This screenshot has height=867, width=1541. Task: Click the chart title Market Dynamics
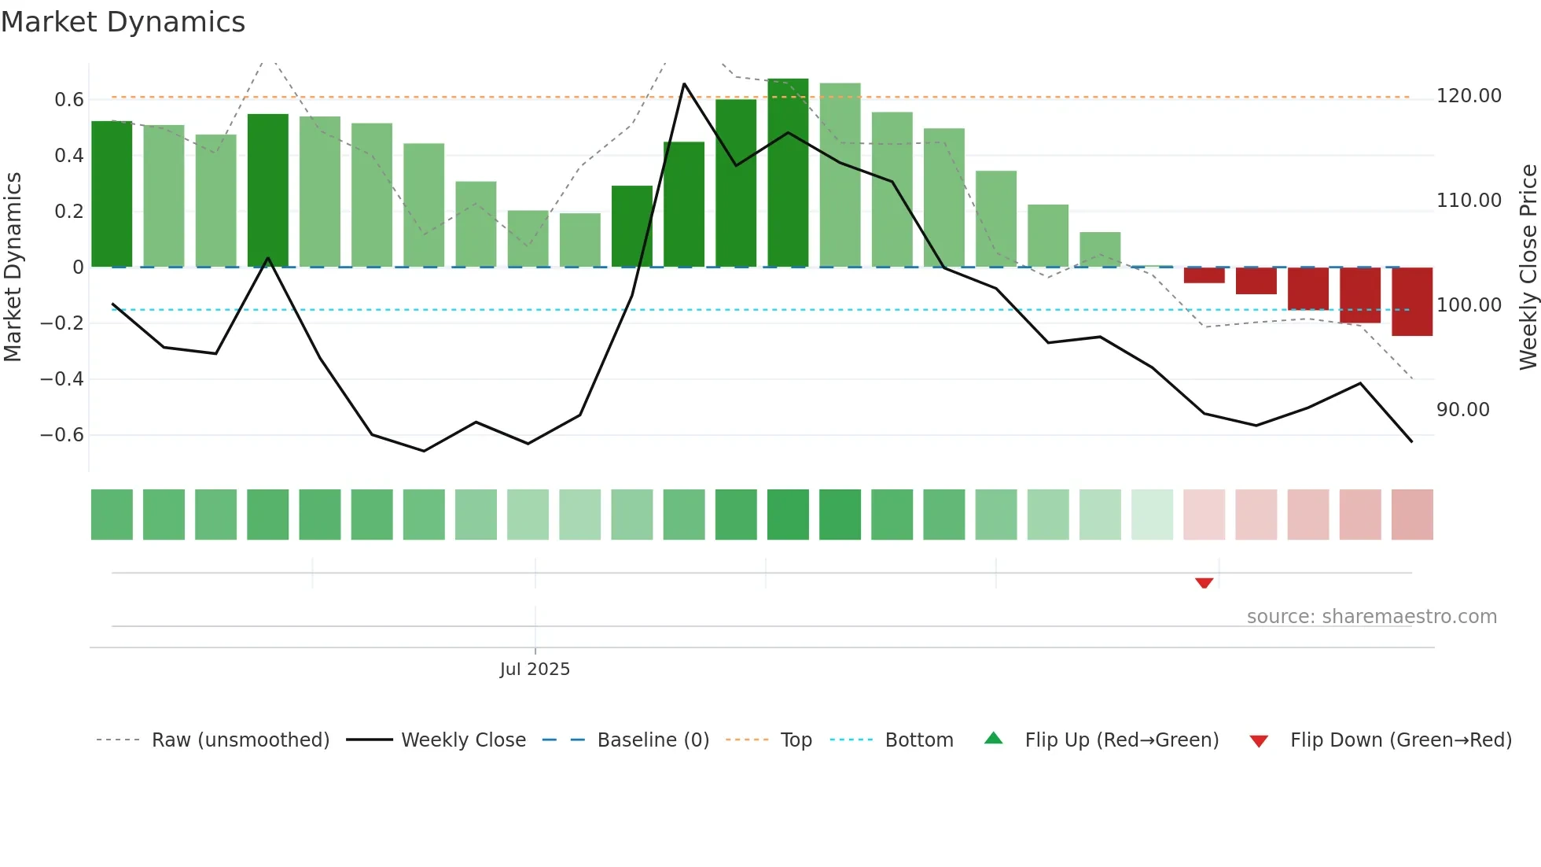[123, 22]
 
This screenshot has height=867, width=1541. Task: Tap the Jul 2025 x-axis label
[535, 669]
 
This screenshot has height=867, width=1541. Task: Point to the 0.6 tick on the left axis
[69, 99]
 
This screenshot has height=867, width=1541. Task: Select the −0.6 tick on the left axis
[62, 434]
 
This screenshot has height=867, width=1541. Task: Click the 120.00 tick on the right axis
[1469, 96]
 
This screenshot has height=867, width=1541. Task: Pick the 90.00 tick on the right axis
[1462, 410]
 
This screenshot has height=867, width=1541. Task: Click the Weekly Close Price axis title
[1528, 267]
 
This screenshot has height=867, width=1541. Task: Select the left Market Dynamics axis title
[13, 267]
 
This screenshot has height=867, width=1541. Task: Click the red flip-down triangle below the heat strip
[1204, 583]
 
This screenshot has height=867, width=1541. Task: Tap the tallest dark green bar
[788, 173]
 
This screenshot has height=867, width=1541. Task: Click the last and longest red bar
[1412, 302]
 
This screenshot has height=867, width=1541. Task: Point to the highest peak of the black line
[684, 83]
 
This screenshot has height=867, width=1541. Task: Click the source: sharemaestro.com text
[1371, 617]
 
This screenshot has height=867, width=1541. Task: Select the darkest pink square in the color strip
[1412, 515]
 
